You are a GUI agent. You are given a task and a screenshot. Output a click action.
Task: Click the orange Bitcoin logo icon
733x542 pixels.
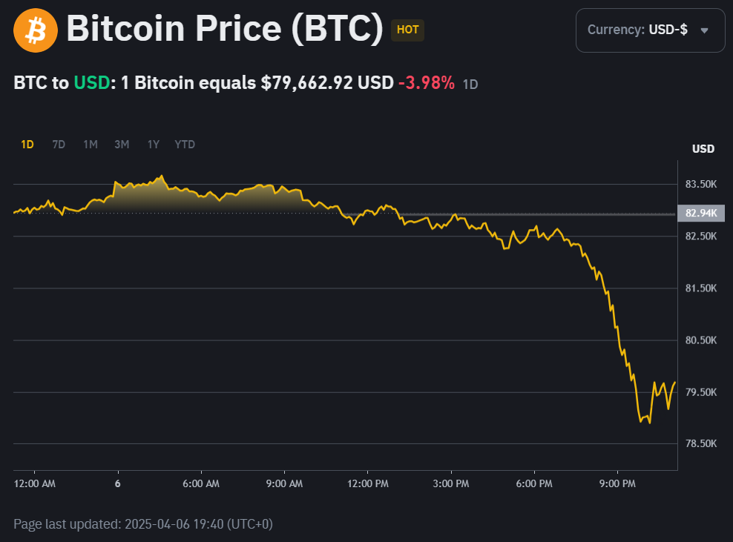(x=36, y=30)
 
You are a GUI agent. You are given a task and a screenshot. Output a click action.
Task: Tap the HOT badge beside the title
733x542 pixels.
(x=407, y=30)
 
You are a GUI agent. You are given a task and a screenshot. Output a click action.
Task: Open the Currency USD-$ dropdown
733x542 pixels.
(x=650, y=30)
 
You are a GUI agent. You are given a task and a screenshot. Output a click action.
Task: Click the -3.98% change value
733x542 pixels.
(x=426, y=83)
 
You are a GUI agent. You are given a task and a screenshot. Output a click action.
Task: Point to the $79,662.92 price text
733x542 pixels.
(x=306, y=83)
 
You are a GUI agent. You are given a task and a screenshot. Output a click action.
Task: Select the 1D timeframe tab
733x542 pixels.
(x=27, y=145)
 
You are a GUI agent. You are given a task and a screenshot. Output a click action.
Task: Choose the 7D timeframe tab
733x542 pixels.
(x=59, y=145)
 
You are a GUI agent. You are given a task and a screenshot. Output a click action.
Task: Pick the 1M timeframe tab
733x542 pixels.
(x=91, y=145)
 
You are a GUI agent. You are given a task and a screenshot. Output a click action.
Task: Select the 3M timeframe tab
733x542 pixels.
(x=122, y=145)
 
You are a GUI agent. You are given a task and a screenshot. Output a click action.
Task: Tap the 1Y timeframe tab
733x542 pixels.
(x=153, y=145)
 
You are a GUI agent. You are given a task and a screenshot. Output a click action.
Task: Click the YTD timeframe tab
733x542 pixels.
(x=185, y=145)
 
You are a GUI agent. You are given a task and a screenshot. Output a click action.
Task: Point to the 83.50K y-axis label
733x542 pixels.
(x=700, y=184)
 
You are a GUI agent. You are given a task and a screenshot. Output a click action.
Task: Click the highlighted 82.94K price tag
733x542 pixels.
(x=701, y=214)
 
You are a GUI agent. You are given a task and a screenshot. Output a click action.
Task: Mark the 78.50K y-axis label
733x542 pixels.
(x=700, y=443)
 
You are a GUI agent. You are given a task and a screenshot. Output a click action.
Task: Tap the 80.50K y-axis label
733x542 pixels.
(x=700, y=340)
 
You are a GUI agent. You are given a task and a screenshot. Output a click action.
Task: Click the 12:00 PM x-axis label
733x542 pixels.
(x=368, y=484)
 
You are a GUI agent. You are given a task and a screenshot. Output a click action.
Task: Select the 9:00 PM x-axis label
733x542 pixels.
(x=618, y=484)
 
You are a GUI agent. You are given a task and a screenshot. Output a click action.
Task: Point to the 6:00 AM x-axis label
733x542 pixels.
(x=201, y=484)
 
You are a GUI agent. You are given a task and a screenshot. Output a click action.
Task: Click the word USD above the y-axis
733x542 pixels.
(x=703, y=149)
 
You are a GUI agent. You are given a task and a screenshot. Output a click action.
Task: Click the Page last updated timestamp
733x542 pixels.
(x=143, y=524)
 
